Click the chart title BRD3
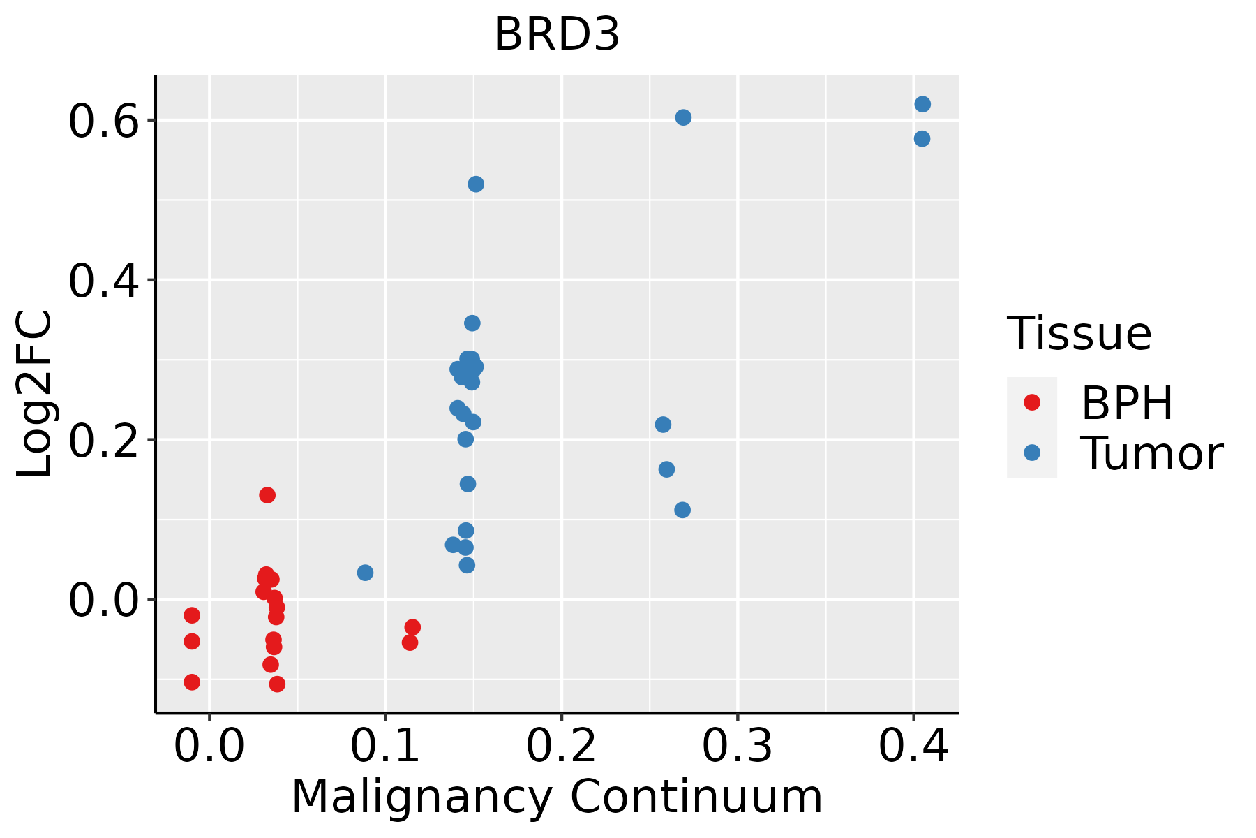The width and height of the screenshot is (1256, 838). pos(557,35)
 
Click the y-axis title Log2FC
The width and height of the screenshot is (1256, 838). pos(35,395)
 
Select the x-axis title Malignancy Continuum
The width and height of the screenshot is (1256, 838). pos(557,797)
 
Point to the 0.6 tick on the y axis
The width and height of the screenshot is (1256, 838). pos(101,121)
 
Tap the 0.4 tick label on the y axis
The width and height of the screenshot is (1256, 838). pos(101,281)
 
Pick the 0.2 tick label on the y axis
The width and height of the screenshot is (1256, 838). pos(101,441)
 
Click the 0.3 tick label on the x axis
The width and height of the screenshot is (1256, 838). pos(737,746)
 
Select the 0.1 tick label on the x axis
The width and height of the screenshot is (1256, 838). pos(385,746)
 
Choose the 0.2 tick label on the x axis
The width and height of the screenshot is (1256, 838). pos(561,746)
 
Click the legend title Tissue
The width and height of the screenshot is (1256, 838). pos(1079,334)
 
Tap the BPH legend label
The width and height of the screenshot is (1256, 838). pos(1127,403)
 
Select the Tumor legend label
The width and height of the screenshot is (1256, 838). pos(1151,454)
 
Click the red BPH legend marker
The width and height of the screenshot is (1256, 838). pos(1031,402)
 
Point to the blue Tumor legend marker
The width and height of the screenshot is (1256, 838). pos(1031,453)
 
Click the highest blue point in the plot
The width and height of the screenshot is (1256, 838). pos(922,104)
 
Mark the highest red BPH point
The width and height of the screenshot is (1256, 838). pos(267,495)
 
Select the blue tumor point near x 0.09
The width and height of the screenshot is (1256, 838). pos(365,573)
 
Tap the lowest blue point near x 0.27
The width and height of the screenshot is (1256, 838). pos(682,510)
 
